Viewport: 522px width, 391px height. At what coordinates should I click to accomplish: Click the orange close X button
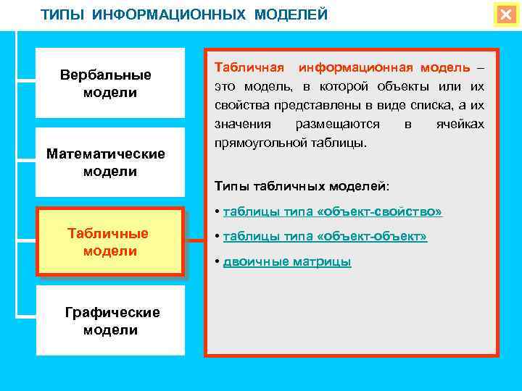(x=505, y=15)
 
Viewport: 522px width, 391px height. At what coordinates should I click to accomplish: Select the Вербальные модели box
(x=110, y=83)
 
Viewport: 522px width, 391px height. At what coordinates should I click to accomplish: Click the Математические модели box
(x=110, y=162)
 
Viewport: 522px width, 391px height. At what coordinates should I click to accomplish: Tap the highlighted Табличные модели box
(x=110, y=242)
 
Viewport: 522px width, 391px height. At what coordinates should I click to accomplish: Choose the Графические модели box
(x=110, y=321)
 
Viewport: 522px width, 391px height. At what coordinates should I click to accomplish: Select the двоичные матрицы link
(x=286, y=262)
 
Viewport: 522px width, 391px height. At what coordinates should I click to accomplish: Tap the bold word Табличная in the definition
(x=244, y=67)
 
